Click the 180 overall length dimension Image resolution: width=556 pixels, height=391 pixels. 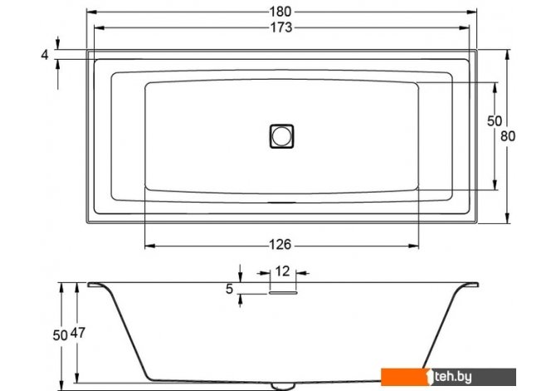point(280,12)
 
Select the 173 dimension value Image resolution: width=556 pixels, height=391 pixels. point(281,27)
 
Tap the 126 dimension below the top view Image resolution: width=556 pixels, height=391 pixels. point(280,244)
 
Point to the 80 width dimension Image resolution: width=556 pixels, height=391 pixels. point(508,136)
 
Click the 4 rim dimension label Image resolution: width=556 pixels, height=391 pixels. point(45,55)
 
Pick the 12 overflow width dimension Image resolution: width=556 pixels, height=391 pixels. point(283,271)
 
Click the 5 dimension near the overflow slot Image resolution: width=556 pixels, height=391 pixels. point(229,289)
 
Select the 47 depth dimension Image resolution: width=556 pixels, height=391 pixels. point(78,333)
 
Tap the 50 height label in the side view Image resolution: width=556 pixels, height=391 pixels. point(61,335)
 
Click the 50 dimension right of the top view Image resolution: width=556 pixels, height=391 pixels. point(495,121)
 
